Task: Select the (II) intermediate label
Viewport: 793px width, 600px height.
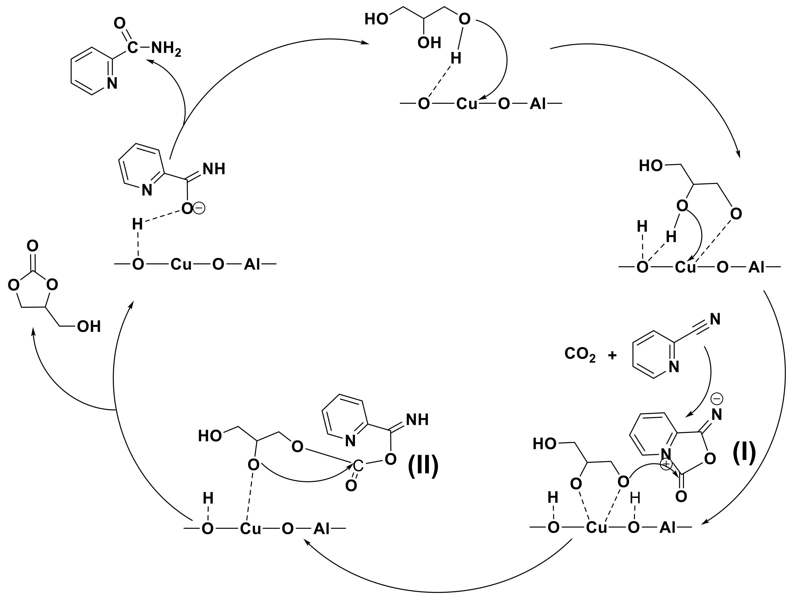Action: (423, 466)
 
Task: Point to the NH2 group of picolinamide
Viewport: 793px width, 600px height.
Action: (166, 48)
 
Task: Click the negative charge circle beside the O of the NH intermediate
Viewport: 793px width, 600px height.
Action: (199, 208)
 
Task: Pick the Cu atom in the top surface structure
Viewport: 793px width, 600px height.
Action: (467, 104)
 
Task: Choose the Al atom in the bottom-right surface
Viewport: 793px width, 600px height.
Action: (668, 528)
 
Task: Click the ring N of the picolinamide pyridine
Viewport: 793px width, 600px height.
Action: (112, 84)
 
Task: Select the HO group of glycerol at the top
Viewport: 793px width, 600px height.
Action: (376, 19)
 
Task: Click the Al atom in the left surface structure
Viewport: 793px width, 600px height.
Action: (252, 265)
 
